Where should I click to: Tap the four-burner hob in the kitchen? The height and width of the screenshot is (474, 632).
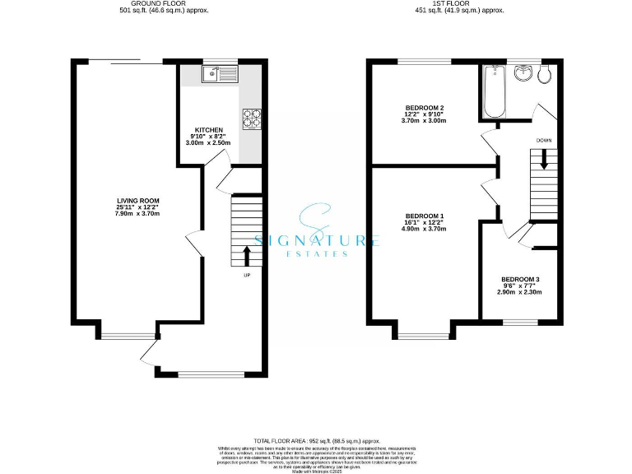tap(251, 118)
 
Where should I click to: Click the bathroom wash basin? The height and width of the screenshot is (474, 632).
tap(522, 74)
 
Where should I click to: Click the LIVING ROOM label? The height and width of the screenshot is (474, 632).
tap(137, 201)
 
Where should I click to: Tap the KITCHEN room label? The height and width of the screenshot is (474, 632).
tap(208, 131)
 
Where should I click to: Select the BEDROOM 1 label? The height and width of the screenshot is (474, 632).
tap(425, 216)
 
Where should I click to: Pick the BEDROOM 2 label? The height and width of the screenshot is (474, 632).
tap(425, 108)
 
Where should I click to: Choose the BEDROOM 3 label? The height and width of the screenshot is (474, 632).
tap(519, 280)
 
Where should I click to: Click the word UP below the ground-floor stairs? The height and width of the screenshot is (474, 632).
tap(246, 275)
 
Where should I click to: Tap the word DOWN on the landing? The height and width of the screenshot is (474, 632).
tap(544, 140)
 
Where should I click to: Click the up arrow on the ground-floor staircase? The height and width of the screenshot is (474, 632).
tap(246, 253)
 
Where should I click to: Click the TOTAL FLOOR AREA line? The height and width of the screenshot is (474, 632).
tap(316, 442)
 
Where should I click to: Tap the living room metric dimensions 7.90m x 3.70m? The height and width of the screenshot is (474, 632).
tap(137, 214)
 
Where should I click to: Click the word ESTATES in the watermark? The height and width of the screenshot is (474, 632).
tap(318, 253)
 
